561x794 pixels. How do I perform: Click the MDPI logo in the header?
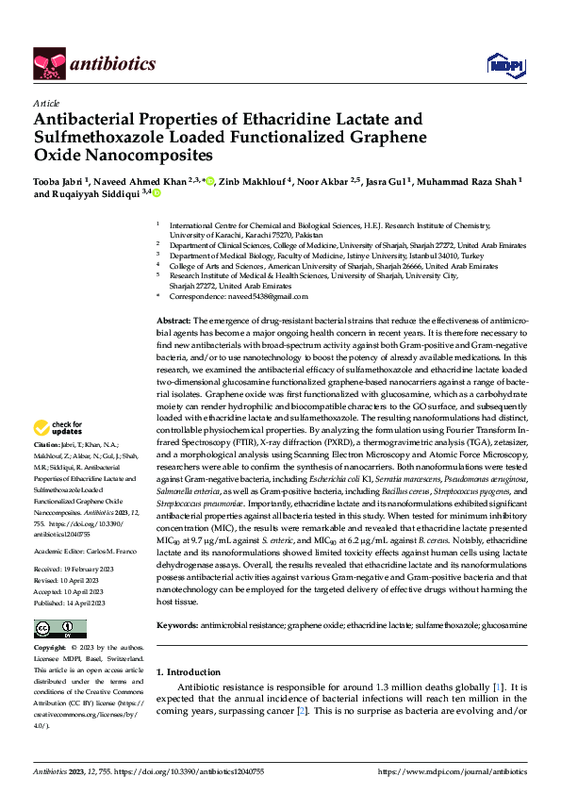(x=502, y=64)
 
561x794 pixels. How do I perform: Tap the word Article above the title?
(x=46, y=102)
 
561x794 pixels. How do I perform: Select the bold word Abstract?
(x=173, y=322)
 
